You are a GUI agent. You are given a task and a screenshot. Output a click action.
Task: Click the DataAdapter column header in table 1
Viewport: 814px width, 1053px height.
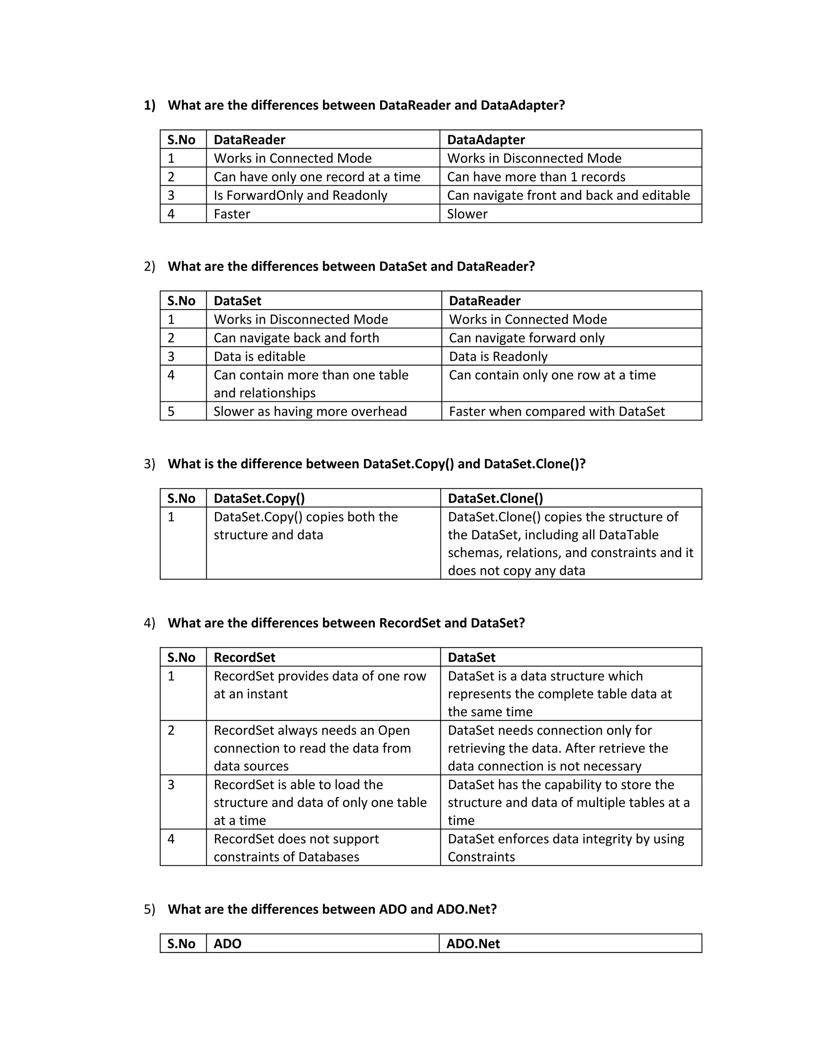(x=486, y=140)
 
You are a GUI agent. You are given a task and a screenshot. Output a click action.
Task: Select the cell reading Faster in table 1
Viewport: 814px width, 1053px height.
(x=232, y=214)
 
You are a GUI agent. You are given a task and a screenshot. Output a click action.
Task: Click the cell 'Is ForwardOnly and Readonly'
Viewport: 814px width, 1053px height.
(x=300, y=195)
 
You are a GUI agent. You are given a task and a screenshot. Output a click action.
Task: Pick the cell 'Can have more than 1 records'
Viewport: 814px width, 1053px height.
(x=536, y=177)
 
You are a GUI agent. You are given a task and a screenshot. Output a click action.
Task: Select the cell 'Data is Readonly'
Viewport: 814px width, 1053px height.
(x=498, y=356)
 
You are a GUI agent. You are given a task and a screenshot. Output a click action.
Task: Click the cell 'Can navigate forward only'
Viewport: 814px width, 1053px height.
(x=527, y=338)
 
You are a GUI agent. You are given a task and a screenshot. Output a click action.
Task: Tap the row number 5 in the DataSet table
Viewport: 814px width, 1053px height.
(x=171, y=411)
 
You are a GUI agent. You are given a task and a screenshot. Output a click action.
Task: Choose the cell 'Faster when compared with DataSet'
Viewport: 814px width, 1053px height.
(x=556, y=411)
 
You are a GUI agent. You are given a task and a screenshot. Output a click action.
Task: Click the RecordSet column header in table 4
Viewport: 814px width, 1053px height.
(x=244, y=657)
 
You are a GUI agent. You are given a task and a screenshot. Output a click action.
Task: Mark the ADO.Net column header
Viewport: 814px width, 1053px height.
(x=473, y=944)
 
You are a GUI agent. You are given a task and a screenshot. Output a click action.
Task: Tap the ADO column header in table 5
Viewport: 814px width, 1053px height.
(x=227, y=944)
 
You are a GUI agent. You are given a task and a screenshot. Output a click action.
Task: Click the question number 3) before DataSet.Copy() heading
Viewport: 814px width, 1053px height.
(x=149, y=464)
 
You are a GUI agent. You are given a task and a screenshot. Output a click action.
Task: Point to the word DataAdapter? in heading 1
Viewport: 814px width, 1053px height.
(x=522, y=105)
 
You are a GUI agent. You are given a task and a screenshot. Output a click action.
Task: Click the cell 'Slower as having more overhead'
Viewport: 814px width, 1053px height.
(x=310, y=411)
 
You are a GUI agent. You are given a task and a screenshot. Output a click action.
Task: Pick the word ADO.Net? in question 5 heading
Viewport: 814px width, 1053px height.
(x=466, y=909)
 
